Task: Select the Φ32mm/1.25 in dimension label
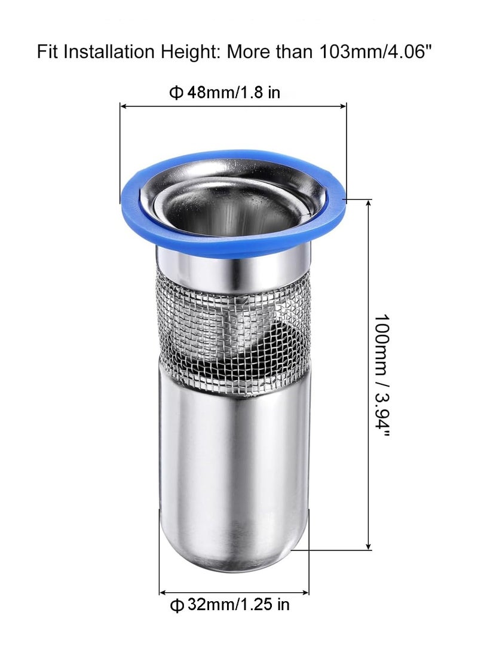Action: coord(230,604)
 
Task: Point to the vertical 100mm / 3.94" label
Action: coord(381,375)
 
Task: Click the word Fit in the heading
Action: coord(48,51)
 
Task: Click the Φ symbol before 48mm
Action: coord(176,93)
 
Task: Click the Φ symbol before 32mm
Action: coord(177,605)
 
